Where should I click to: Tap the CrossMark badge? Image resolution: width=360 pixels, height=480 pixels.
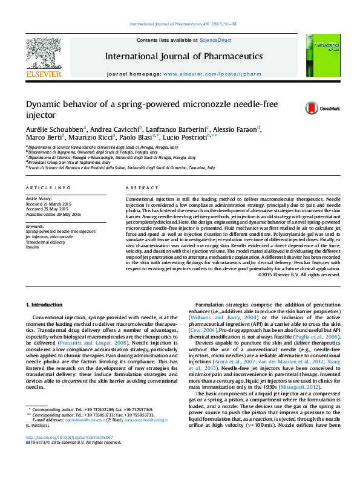(x=315, y=108)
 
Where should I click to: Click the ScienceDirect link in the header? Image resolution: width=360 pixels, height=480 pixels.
(x=216, y=40)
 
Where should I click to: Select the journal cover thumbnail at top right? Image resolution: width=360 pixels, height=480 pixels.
(x=322, y=55)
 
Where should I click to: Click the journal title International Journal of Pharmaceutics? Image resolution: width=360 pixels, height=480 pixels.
(x=183, y=56)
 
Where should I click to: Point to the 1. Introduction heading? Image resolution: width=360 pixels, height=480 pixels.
(x=46, y=303)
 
